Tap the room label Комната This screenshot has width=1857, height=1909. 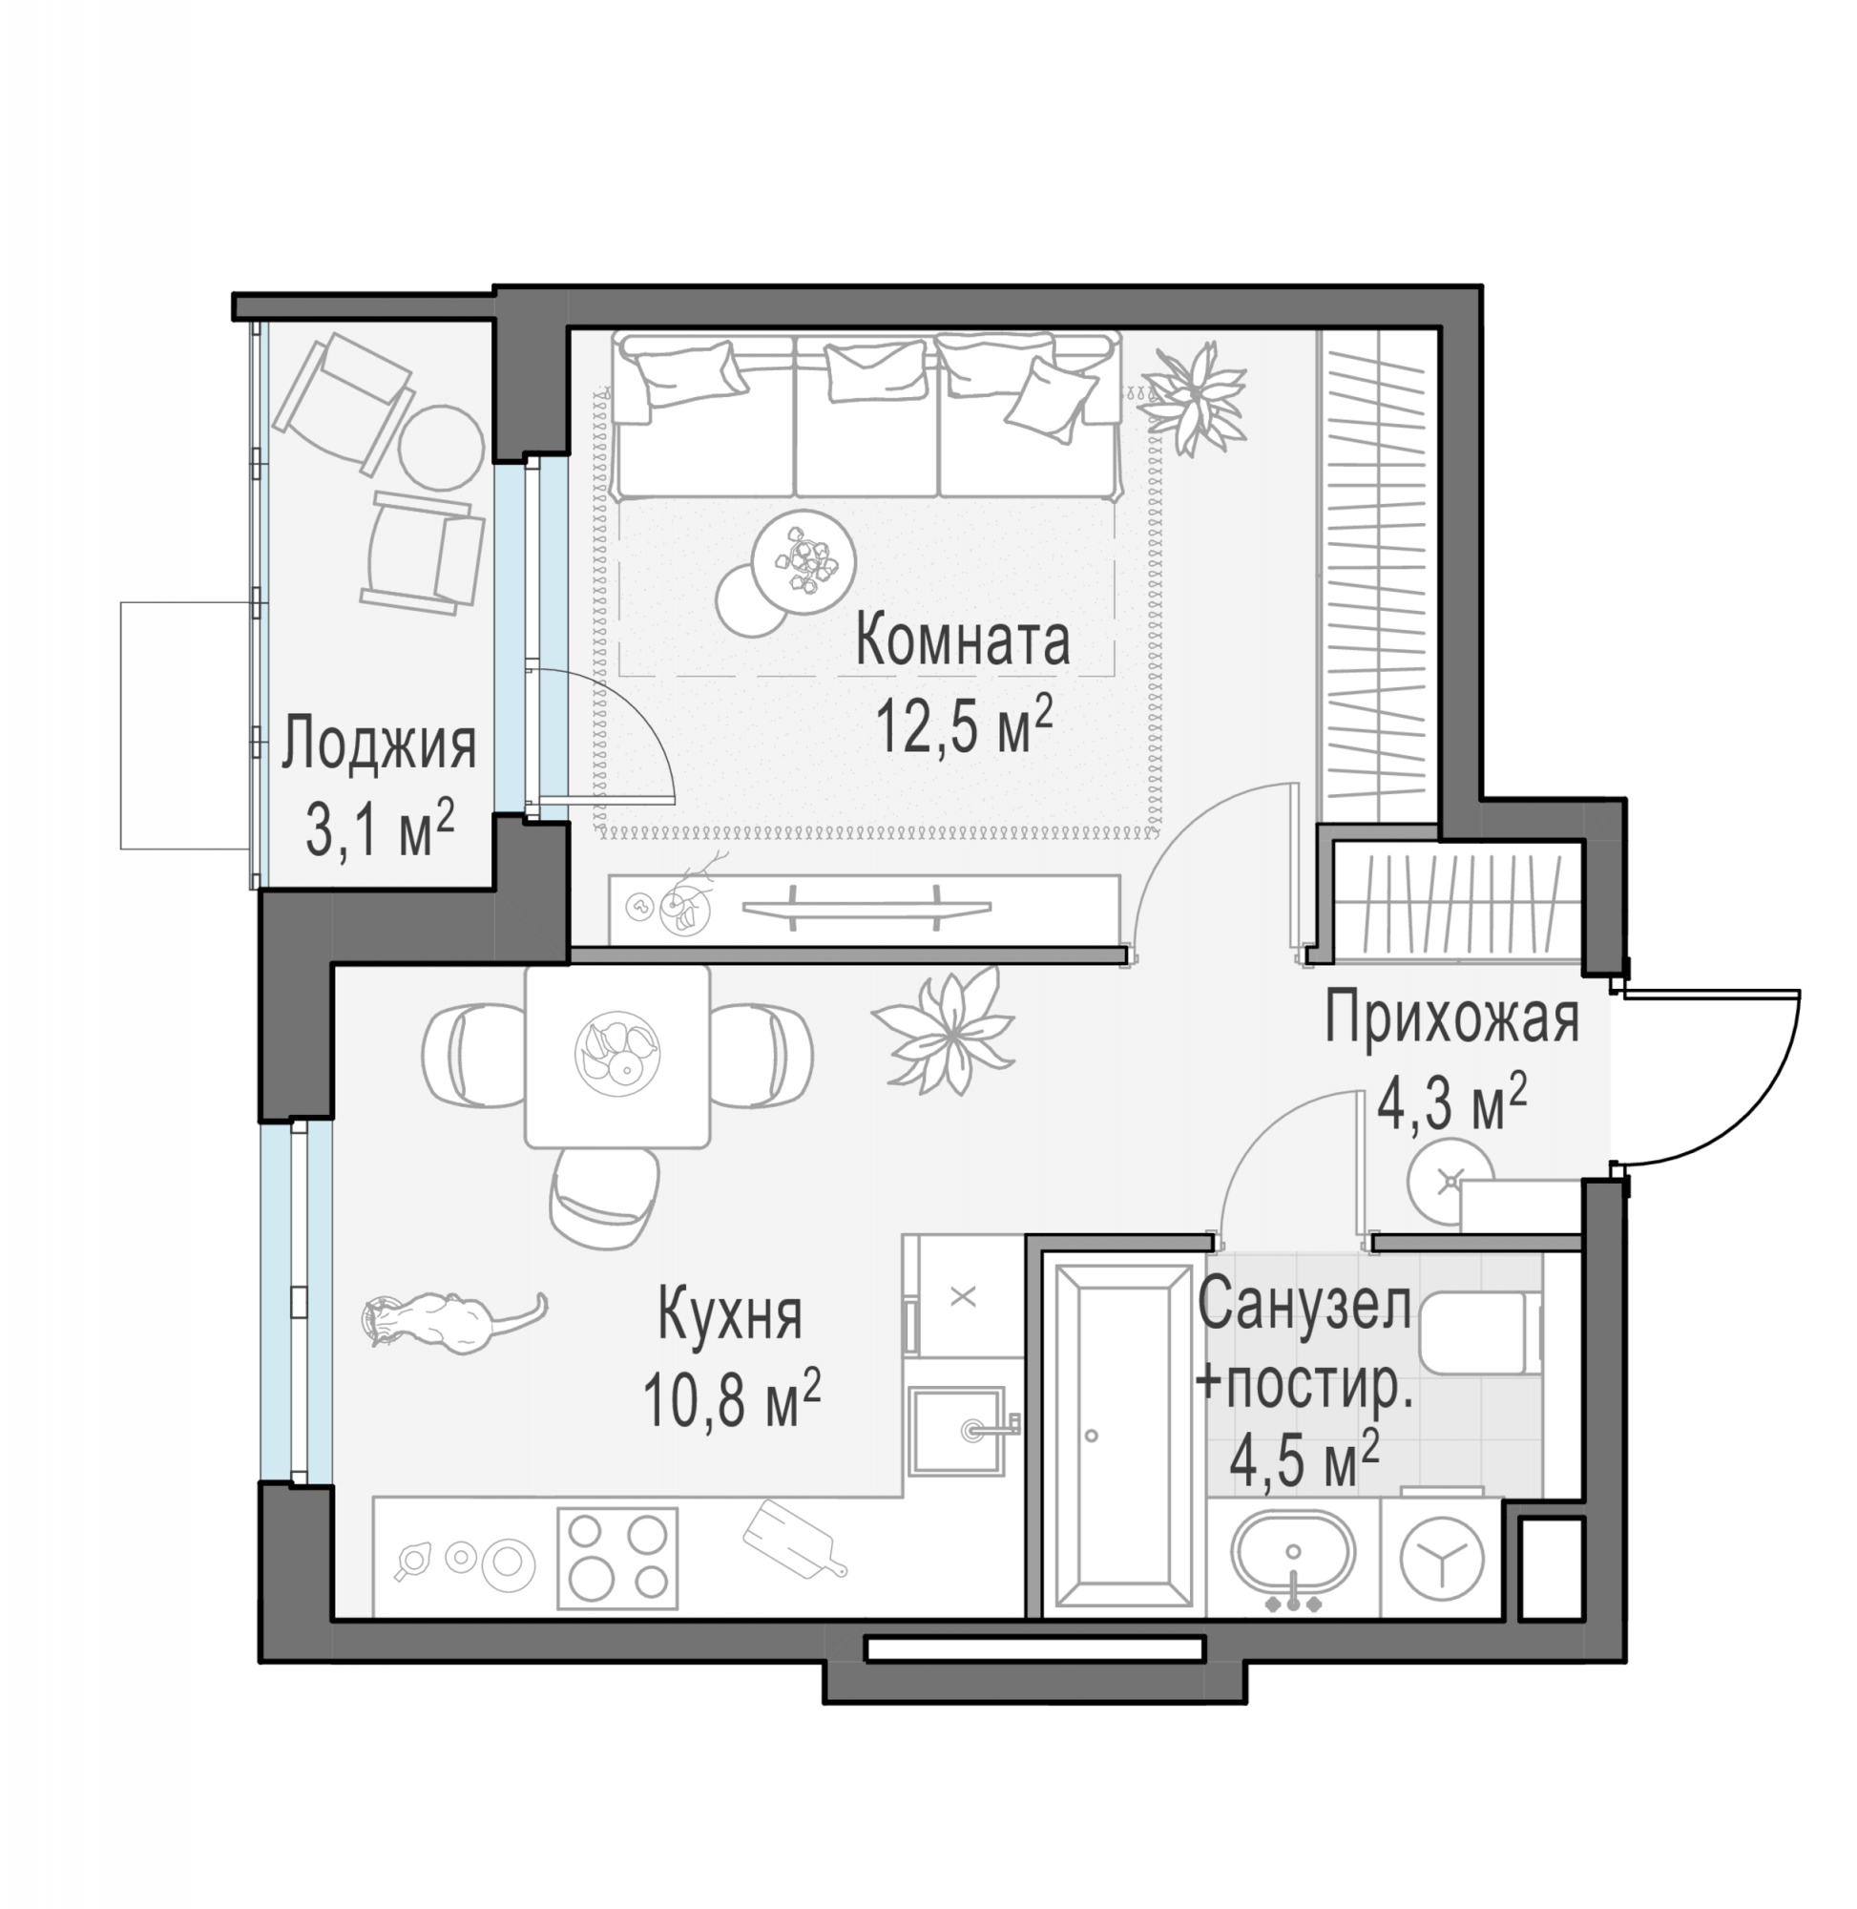point(963,641)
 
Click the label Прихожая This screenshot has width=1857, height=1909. point(1451,1019)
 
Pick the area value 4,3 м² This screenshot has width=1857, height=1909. point(1451,1104)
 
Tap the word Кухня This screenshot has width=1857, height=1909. point(731,1314)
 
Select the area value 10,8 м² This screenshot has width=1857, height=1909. point(732,1399)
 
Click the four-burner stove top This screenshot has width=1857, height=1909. point(616,1558)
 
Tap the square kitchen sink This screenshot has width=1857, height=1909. point(957,1431)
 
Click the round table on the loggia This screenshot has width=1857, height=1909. point(441,445)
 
